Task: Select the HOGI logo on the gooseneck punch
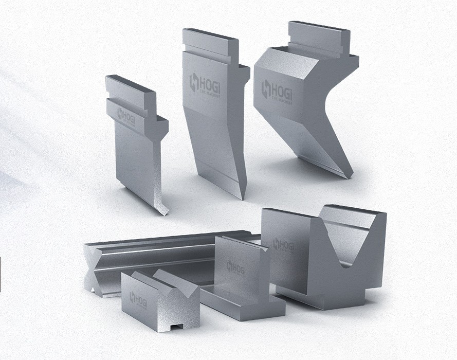pos(275,91)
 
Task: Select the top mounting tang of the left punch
pos(130,85)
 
